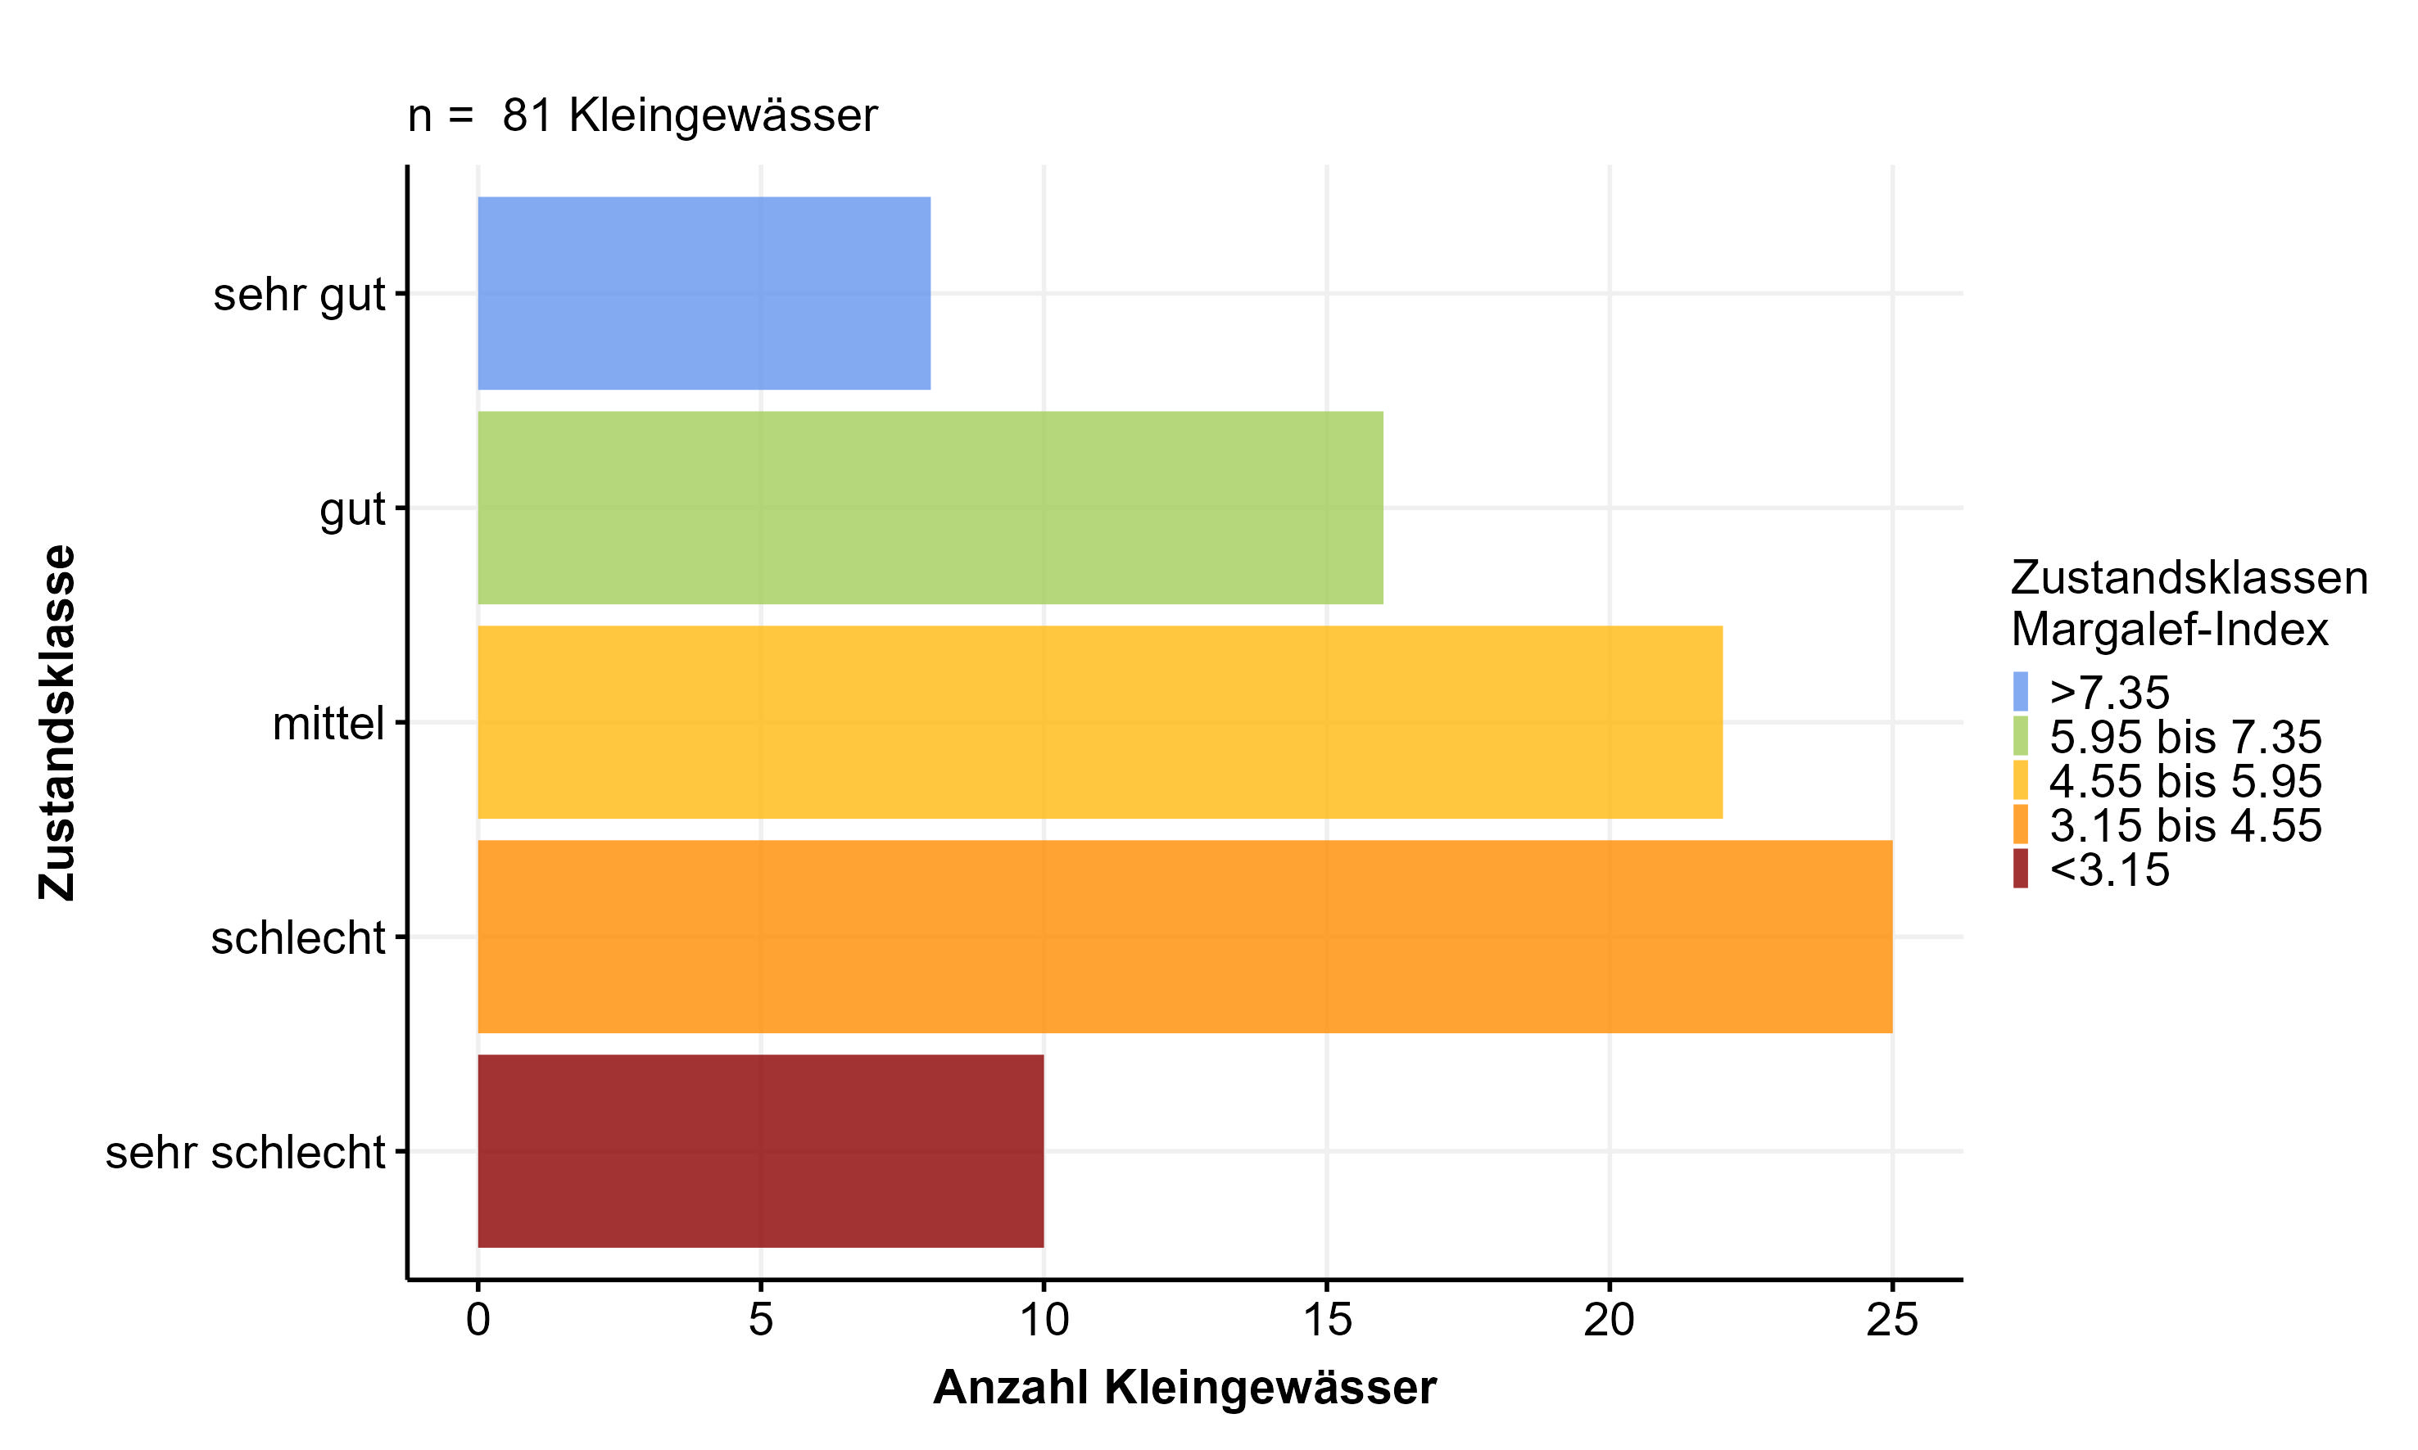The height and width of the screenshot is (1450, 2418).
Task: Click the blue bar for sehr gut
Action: [704, 293]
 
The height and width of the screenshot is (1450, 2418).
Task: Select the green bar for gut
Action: [930, 508]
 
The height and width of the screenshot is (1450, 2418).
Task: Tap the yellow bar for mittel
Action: [1099, 722]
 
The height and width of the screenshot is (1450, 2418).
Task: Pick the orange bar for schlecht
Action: [1184, 936]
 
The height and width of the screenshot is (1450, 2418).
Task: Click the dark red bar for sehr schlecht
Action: [760, 1151]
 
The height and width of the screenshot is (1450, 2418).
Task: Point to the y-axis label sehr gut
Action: [299, 295]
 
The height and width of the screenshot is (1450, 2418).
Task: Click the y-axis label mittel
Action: [328, 724]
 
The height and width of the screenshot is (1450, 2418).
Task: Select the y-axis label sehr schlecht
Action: [245, 1153]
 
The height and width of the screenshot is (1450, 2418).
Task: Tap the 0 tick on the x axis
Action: [478, 1321]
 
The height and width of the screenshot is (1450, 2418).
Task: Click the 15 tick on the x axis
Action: [1326, 1321]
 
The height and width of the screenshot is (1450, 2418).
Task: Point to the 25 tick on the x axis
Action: [1892, 1321]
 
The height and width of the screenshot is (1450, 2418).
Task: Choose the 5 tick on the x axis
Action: [760, 1321]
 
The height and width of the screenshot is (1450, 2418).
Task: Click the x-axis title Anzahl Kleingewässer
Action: [1184, 1388]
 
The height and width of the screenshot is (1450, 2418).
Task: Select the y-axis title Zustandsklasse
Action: [57, 722]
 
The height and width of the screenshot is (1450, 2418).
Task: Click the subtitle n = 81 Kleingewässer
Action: [642, 115]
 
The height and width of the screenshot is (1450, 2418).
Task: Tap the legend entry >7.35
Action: [2109, 693]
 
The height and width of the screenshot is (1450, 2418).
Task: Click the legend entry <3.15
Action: [2109, 870]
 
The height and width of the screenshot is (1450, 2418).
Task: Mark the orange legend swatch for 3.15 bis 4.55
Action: [2020, 824]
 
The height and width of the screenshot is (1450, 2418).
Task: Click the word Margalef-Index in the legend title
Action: [2170, 630]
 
